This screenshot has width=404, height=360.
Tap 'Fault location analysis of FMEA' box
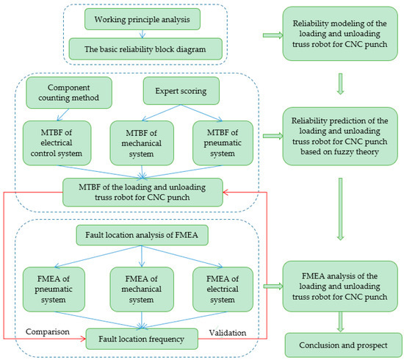pyautogui.click(x=141, y=235)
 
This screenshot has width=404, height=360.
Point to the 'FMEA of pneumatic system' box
pyautogui.click(x=58, y=285)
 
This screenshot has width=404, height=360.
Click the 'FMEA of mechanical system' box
pyautogui.click(x=141, y=285)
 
